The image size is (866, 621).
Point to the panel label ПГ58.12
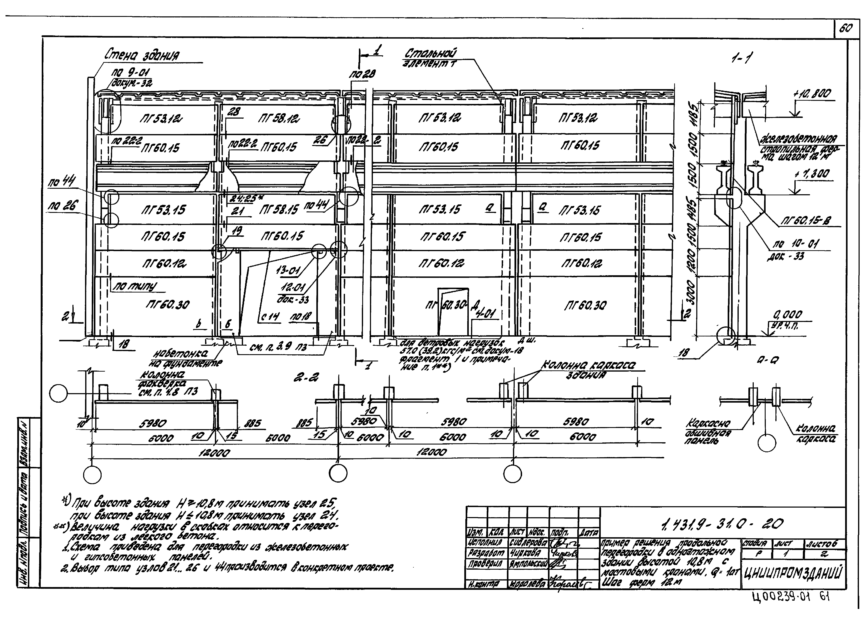click(279, 119)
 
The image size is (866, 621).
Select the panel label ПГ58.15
click(280, 210)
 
